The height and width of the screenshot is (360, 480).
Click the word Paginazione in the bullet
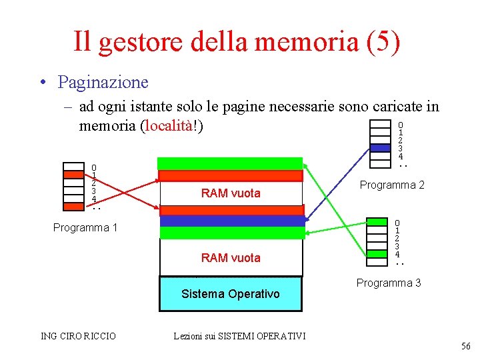click(x=103, y=83)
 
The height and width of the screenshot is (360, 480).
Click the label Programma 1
click(x=85, y=228)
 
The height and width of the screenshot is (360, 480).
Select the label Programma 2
click(x=392, y=185)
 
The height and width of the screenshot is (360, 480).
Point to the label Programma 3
click(x=389, y=283)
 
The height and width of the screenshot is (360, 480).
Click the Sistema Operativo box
click(x=231, y=294)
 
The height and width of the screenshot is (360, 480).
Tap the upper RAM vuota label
click(x=231, y=193)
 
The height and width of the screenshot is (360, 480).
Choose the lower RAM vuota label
click(x=231, y=257)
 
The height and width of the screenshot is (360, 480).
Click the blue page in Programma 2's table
click(x=380, y=148)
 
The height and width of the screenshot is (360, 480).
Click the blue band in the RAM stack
click(x=231, y=221)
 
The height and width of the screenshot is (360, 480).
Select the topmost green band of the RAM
click(x=230, y=163)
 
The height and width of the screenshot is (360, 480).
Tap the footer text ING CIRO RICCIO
click(x=78, y=336)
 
